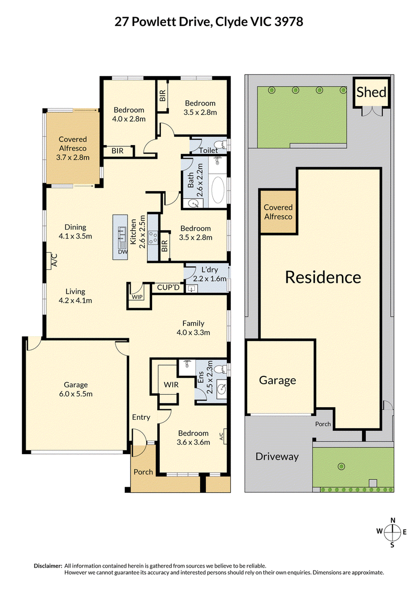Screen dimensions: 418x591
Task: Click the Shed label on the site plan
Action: (371, 92)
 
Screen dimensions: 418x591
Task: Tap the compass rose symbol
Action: (393, 532)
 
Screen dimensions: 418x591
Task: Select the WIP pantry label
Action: (137, 297)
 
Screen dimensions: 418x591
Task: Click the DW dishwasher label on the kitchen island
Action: (123, 252)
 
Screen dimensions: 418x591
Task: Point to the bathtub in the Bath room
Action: (218, 190)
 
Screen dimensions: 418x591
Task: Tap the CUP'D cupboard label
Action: (168, 288)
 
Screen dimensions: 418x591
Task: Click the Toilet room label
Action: (208, 150)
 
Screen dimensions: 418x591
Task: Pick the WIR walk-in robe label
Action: (171, 385)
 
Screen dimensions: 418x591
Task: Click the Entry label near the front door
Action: (141, 417)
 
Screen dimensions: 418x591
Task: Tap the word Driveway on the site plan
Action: (277, 456)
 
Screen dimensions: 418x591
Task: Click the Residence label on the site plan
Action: (323, 277)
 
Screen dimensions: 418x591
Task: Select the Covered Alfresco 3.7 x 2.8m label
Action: (73, 148)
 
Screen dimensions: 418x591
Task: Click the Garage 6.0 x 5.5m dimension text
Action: (76, 394)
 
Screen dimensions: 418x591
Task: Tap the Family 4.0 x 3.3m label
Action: (193, 328)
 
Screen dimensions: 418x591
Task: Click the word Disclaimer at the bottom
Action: (48, 566)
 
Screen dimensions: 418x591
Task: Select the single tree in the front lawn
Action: (341, 467)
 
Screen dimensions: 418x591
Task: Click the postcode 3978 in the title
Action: (288, 22)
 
